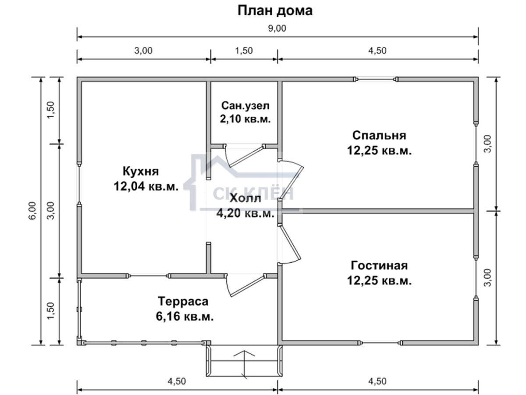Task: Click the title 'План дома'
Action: click(275, 11)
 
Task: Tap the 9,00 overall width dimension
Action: click(277, 29)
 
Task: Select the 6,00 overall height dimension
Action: click(32, 211)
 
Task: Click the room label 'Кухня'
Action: click(141, 172)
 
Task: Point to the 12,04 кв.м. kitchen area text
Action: click(146, 187)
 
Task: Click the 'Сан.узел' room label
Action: click(245, 105)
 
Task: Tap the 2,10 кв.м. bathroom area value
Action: click(245, 118)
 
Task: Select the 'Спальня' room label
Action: click(379, 136)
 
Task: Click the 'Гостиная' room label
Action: click(379, 266)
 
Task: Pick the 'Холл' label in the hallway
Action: click(245, 198)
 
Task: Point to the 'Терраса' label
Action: click(183, 302)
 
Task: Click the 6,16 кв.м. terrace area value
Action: click(185, 316)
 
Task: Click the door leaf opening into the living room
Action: click(290, 244)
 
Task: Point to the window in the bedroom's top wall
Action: click(376, 79)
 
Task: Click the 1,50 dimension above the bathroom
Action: click(244, 51)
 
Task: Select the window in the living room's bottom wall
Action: click(380, 343)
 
